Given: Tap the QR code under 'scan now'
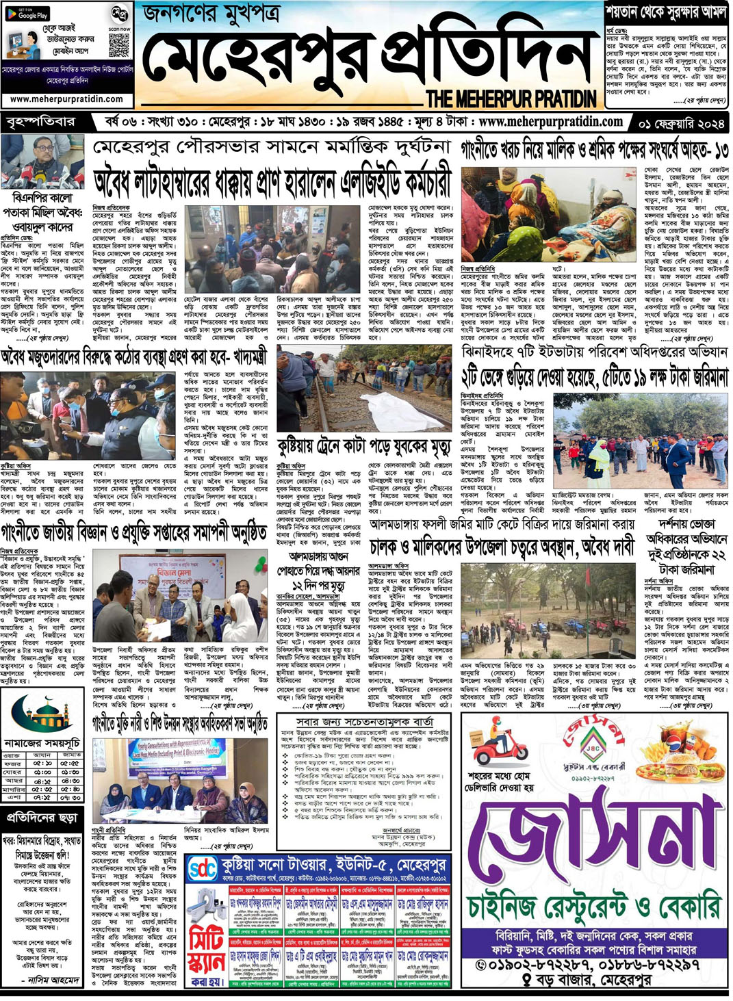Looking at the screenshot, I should [118, 44].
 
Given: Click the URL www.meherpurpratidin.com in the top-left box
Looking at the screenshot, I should [66, 99].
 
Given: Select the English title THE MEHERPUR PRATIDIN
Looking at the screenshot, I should [511, 99].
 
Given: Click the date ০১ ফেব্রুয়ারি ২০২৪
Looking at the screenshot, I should [681, 123].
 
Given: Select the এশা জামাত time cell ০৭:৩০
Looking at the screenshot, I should [70, 797].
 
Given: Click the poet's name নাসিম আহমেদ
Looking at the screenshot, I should [53, 980].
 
